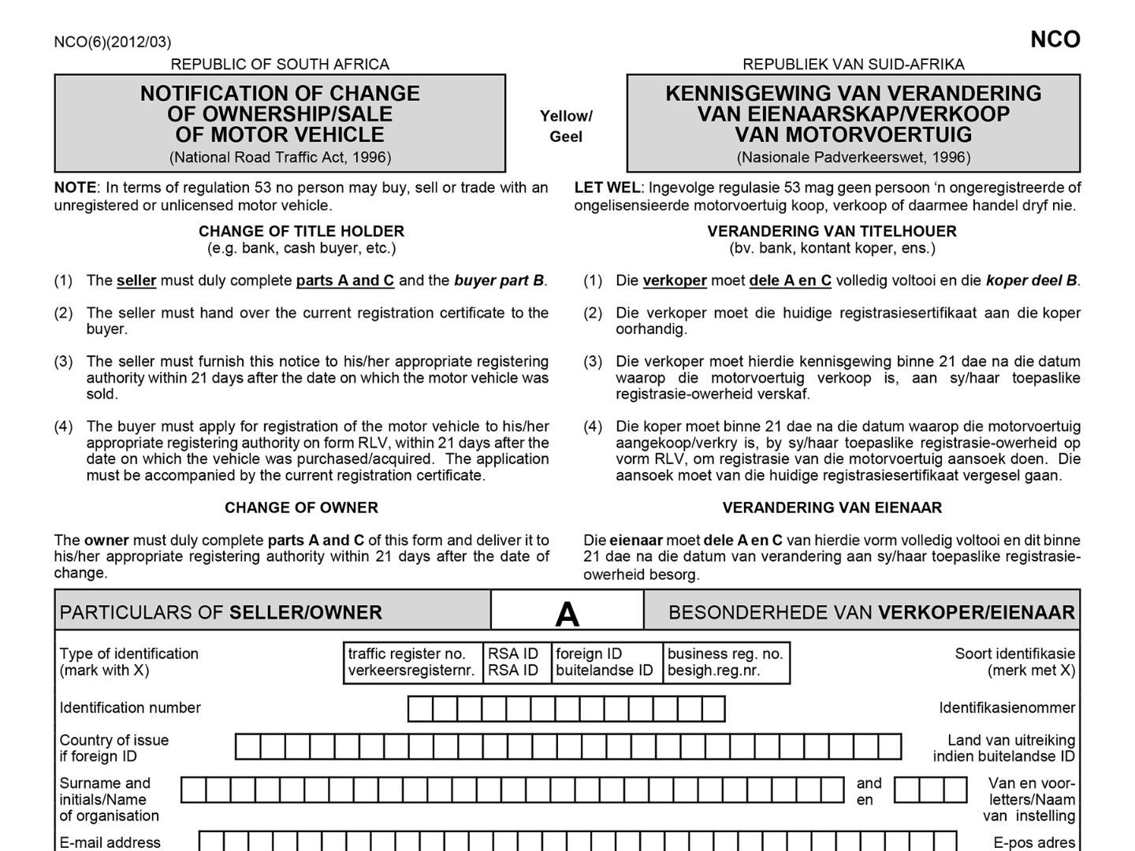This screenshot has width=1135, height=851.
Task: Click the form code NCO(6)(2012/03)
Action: pos(112,42)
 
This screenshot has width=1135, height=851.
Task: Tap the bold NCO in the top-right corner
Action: pos(1055,39)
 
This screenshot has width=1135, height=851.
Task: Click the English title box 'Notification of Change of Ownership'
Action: pos(280,124)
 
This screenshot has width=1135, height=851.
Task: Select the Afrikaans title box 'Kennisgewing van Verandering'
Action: pos(853,124)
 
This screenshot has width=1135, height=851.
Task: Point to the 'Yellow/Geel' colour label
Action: pos(566,126)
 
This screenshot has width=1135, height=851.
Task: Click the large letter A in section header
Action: pos(567,613)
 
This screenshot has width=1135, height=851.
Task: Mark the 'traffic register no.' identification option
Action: pos(412,662)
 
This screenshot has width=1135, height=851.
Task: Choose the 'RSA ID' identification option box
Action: pos(513,662)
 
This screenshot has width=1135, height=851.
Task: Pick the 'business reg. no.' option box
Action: pos(725,662)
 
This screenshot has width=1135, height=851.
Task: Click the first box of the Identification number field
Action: pos(420,709)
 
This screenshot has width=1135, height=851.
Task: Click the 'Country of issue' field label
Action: pos(113,748)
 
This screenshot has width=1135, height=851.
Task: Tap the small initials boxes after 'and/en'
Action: pos(930,790)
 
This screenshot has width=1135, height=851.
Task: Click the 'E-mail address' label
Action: pos(110,842)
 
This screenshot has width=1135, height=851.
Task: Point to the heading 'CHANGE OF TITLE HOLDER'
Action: pos(301,231)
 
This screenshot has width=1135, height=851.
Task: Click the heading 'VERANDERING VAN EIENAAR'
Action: pos(832,507)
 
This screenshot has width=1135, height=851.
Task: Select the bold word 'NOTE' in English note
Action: pos(75,188)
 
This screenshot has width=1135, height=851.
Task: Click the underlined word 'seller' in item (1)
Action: pos(136,281)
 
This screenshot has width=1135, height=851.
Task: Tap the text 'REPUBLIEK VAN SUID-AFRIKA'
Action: pos(853,64)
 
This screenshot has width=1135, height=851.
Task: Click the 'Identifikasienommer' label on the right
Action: pos(1007,708)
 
